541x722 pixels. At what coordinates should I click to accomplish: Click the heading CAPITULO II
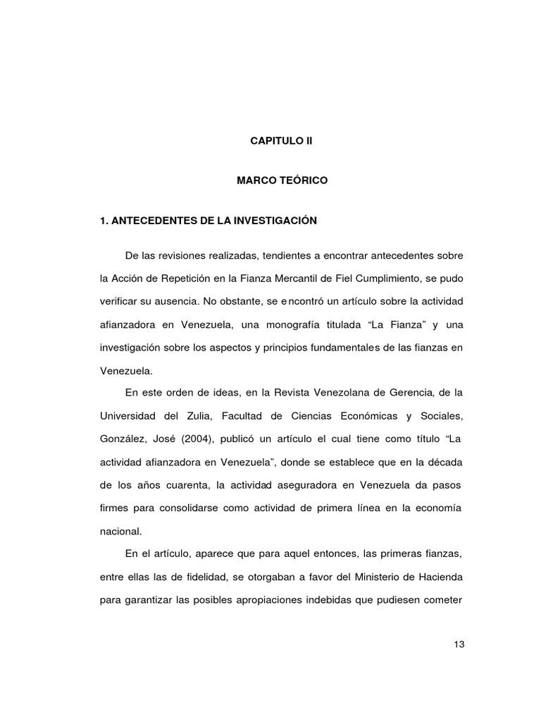(281, 141)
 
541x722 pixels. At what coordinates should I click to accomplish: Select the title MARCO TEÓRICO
(282, 181)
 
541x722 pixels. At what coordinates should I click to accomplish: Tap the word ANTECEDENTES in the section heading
(150, 221)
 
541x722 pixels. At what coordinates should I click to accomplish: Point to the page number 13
(460, 644)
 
